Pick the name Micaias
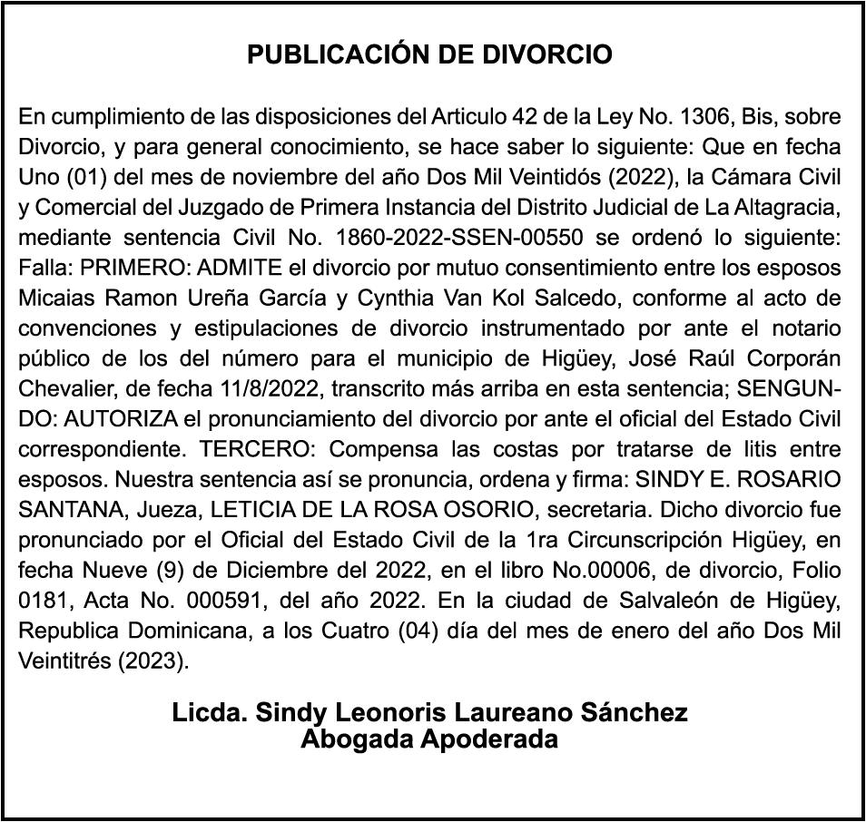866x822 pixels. point(53,298)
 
